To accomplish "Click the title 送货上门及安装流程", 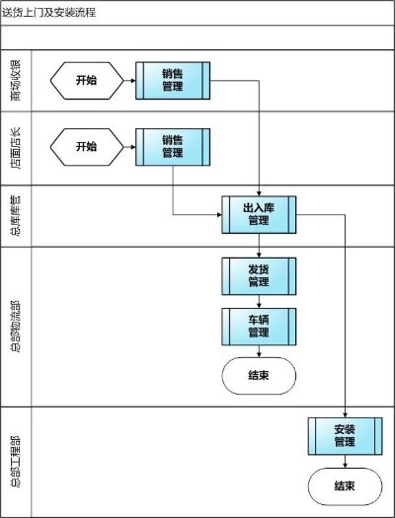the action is point(49,13).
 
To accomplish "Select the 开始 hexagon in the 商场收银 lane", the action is point(87,81).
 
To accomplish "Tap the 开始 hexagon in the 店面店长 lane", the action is point(87,147).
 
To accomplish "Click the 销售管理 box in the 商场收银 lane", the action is point(173,81).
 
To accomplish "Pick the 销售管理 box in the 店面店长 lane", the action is point(173,147).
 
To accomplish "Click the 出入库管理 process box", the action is point(259,215).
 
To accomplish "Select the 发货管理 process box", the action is point(259,276).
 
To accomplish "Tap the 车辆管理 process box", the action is point(259,327).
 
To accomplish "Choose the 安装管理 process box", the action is point(345,436).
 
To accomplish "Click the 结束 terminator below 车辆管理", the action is point(259,376).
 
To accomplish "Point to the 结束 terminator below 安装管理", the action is point(345,486).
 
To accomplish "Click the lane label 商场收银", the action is point(16,81).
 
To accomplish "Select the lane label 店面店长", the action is point(16,148).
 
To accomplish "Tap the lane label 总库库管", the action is point(16,216).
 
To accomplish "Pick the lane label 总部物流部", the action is point(16,327).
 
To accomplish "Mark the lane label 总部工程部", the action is point(16,462).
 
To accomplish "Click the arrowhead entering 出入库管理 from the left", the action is point(219,215).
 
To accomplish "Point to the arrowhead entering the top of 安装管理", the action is point(345,415).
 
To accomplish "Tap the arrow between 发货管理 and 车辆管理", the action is point(259,302).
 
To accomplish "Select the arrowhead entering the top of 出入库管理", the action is point(259,193).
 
